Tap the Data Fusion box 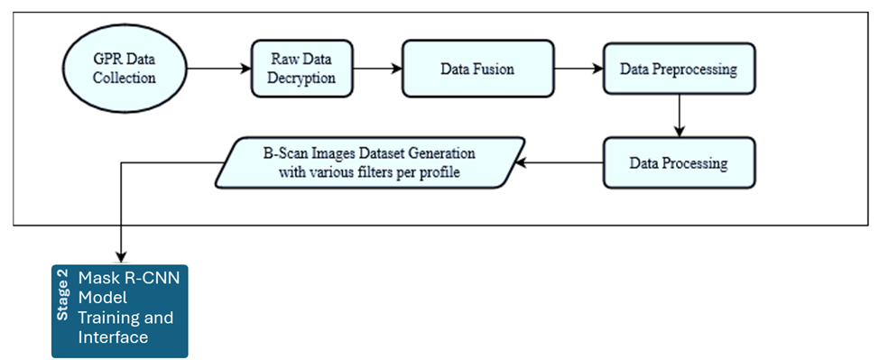tap(477, 69)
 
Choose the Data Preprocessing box tap(679, 69)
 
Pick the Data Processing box tap(679, 163)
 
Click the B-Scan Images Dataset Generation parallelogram tap(370, 162)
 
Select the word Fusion tap(495, 69)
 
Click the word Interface tap(113, 337)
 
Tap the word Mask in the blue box tap(97, 278)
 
